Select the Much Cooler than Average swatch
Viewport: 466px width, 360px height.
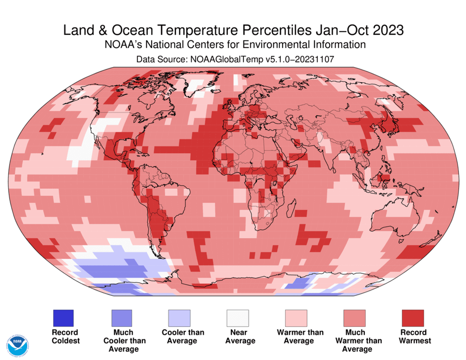point(121,318)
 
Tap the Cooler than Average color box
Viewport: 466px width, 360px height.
point(179,318)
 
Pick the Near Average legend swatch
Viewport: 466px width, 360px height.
point(237,318)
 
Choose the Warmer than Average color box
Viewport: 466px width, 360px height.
point(296,318)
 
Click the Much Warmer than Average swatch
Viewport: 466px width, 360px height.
point(354,318)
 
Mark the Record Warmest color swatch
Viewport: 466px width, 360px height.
point(412,318)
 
